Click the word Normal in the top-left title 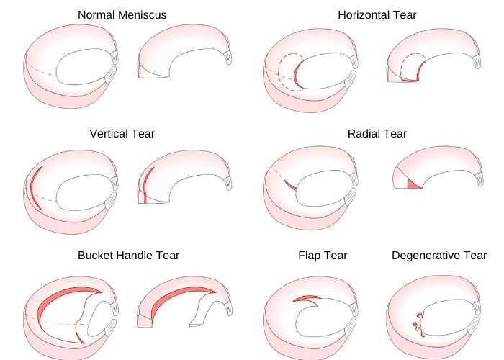[x=96, y=15]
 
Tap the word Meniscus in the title [x=143, y=15]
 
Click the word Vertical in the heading [x=108, y=134]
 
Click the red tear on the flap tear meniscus [x=305, y=299]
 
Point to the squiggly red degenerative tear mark [x=418, y=324]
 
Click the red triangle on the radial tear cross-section [x=413, y=184]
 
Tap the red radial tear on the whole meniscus [x=289, y=185]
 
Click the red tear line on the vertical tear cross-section [x=146, y=185]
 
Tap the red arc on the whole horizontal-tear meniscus [x=297, y=75]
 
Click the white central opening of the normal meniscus [x=84, y=67]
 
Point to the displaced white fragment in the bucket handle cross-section [x=206, y=309]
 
